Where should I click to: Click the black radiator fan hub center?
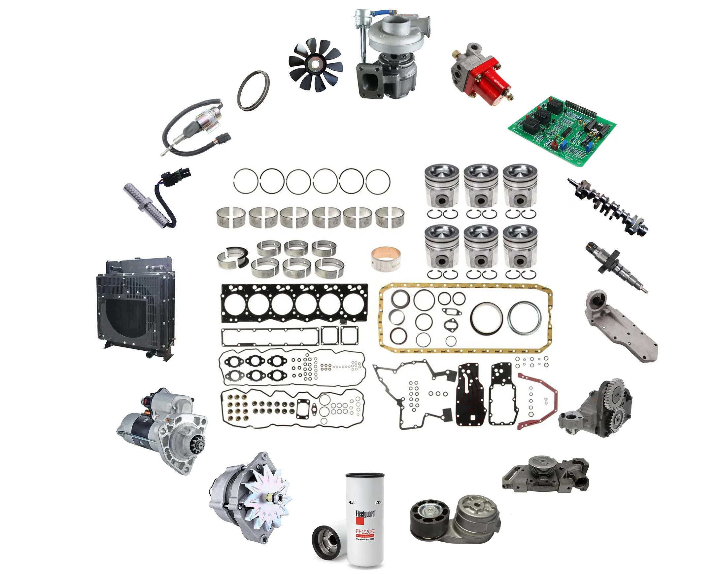coord(315,64)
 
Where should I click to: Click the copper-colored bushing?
coord(386,258)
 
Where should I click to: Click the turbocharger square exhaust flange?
coord(369,80)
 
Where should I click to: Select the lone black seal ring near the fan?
coord(254,91)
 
